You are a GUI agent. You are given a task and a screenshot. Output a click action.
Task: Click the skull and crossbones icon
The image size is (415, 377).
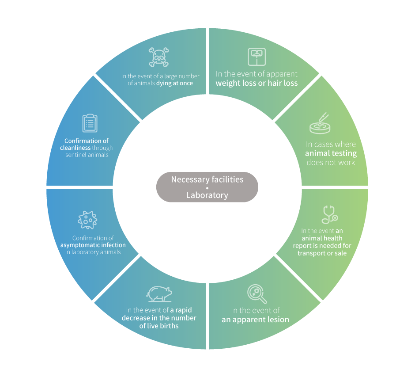click(159, 57)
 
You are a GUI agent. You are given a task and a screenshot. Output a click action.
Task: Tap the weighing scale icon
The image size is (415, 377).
click(256, 56)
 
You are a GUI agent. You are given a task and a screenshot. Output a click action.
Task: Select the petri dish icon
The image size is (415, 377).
click(320, 123)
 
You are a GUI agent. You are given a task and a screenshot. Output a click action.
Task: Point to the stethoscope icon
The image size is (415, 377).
click(330, 214)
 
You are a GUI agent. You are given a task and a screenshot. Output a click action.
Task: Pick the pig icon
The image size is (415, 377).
click(159, 293)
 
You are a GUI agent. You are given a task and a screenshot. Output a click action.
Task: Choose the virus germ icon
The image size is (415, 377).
click(87, 220)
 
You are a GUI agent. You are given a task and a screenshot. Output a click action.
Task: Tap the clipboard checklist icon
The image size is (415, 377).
click(90, 123)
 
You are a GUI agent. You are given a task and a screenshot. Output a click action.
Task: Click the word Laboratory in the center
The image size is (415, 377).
click(207, 195)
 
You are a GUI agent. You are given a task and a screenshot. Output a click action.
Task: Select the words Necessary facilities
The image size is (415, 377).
click(207, 179)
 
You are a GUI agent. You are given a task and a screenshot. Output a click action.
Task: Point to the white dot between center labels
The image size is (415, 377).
click(207, 187)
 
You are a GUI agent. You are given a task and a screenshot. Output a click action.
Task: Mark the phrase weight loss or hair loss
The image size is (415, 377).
click(257, 83)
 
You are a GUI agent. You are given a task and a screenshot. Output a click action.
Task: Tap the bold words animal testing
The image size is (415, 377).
click(331, 153)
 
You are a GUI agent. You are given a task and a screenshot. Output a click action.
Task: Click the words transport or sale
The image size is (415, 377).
click(322, 253)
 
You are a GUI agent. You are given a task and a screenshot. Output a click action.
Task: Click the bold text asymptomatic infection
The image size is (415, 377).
click(93, 245)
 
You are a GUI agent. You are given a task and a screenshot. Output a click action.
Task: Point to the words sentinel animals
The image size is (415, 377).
click(87, 155)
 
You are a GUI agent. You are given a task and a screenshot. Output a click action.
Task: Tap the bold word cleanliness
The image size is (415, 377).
click(75, 148)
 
